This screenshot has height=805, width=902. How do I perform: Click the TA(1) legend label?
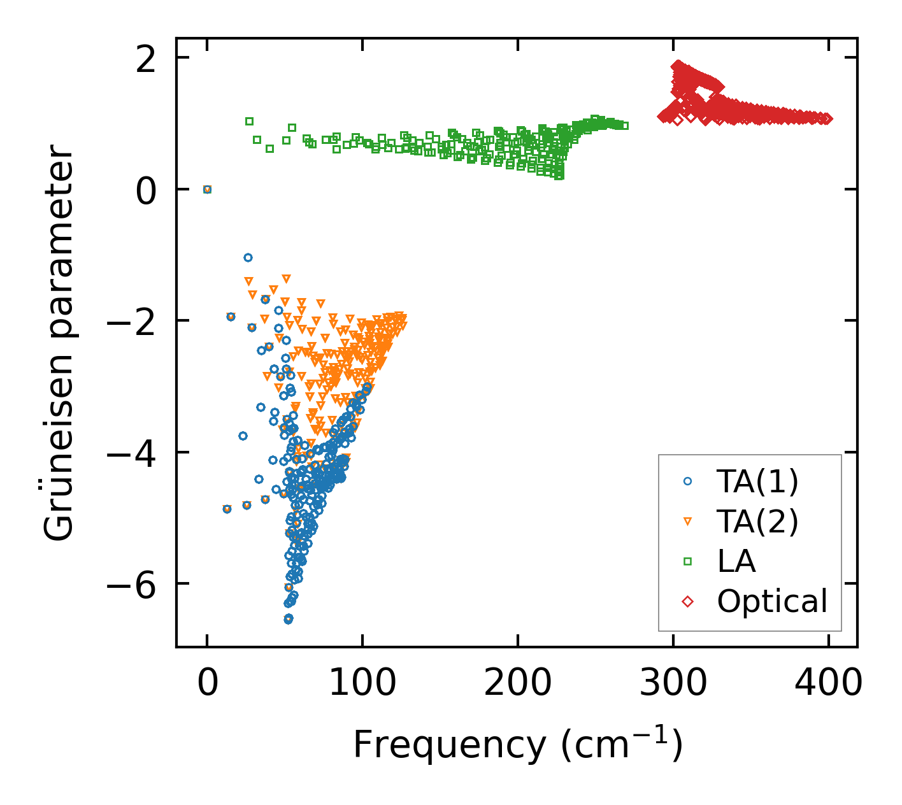pos(757,482)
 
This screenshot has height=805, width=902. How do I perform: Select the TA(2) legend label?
pos(757,522)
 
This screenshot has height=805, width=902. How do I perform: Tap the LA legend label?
pos(736,562)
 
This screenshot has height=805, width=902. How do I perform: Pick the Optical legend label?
pos(772,601)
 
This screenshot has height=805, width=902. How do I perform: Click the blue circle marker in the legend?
pos(687,482)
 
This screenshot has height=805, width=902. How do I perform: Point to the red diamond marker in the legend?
pos(687,601)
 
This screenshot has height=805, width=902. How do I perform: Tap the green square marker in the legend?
pos(687,562)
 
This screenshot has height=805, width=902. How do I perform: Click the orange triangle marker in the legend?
pos(687,522)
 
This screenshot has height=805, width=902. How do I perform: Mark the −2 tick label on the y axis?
pos(132,321)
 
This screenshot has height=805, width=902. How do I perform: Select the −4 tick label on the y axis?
pos(132,453)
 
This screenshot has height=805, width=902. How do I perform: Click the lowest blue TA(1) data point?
pos(289,618)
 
